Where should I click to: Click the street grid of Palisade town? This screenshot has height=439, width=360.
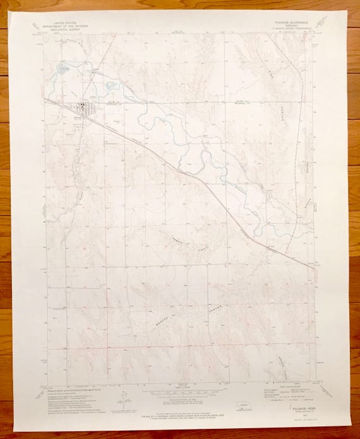click(81, 108)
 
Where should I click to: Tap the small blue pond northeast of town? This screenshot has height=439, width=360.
click(112, 85)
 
